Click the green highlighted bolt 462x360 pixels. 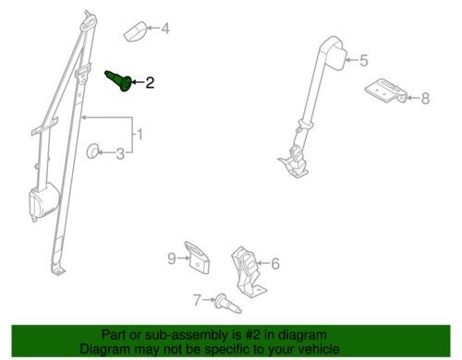coord(119,80)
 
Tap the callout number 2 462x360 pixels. coord(150,82)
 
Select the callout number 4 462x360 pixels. coord(165,29)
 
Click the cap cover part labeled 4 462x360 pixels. coord(136,31)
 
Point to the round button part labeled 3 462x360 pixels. coord(93,150)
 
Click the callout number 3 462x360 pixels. coord(120,154)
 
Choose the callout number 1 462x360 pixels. coord(140,135)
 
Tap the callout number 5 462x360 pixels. coord(364,60)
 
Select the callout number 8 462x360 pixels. coord(425,99)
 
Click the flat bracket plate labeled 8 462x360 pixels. coord(386,90)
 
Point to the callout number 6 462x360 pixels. coord(275,264)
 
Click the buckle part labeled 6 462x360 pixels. coord(247,270)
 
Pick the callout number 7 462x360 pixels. coord(197,300)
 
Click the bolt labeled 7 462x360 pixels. coord(228,304)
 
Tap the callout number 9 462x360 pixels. coord(172,258)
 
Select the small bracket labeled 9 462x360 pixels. coord(197,258)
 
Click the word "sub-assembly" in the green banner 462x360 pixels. coord(181,335)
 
